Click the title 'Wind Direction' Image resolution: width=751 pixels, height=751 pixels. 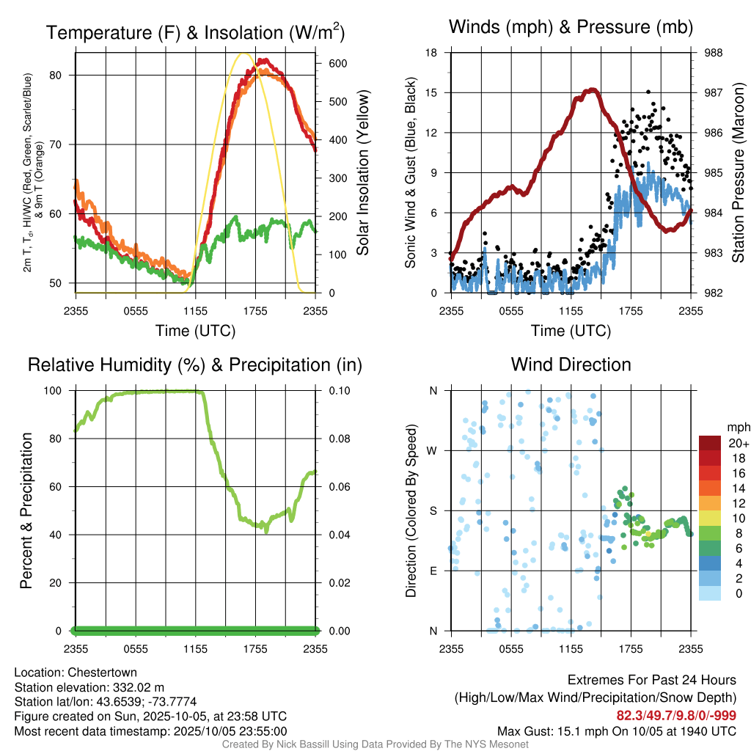click(x=571, y=364)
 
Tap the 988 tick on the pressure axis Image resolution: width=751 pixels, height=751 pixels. click(x=713, y=53)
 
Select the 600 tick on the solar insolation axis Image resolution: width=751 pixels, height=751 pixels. click(x=337, y=63)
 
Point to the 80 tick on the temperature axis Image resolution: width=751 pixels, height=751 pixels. click(x=64, y=75)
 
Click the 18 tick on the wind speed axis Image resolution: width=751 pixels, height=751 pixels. click(x=432, y=53)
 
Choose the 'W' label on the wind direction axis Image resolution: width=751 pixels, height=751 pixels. click(x=433, y=450)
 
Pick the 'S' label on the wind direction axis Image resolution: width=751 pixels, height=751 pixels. click(x=433, y=510)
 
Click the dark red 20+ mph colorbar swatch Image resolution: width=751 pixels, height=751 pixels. click(x=709, y=443)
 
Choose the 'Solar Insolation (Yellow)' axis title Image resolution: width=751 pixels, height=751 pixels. click(x=362, y=173)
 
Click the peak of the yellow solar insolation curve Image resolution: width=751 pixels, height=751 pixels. click(x=244, y=54)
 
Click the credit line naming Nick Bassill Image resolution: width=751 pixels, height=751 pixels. click(x=375, y=744)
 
